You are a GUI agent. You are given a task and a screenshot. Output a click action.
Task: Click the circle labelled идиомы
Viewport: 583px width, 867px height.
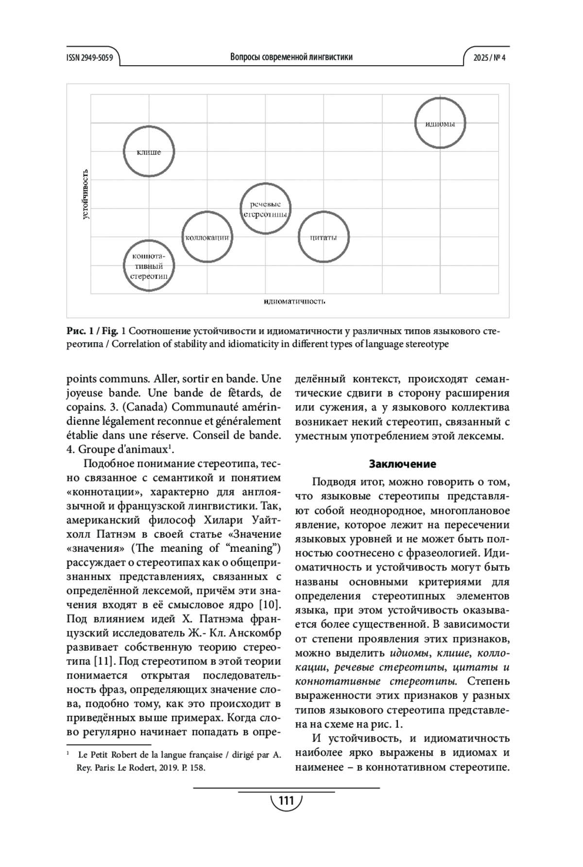tap(440, 124)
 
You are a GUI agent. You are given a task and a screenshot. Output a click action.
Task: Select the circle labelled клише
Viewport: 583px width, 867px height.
tap(149, 152)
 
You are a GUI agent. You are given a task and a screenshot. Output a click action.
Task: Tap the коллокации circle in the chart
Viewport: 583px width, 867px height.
tap(207, 237)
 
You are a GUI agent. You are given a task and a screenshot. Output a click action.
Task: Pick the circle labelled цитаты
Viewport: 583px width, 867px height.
tap(324, 237)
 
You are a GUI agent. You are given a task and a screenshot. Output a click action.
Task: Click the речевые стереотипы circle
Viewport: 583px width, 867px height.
tap(265, 209)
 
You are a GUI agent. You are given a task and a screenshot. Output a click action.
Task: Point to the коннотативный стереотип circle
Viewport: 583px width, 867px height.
tap(149, 266)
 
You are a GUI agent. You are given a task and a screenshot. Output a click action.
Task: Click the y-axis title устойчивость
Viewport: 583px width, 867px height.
tap(86, 194)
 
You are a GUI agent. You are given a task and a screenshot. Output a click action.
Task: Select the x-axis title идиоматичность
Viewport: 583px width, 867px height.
tap(294, 301)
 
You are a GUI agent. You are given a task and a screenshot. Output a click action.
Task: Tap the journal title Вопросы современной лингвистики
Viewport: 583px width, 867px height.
tap(291, 57)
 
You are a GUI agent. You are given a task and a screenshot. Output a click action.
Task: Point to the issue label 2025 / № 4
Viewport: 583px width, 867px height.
tap(490, 57)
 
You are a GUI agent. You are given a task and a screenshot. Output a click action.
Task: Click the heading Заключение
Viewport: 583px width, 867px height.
tap(402, 464)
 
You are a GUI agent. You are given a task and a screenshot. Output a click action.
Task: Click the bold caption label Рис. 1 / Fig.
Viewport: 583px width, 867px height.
tap(93, 332)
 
